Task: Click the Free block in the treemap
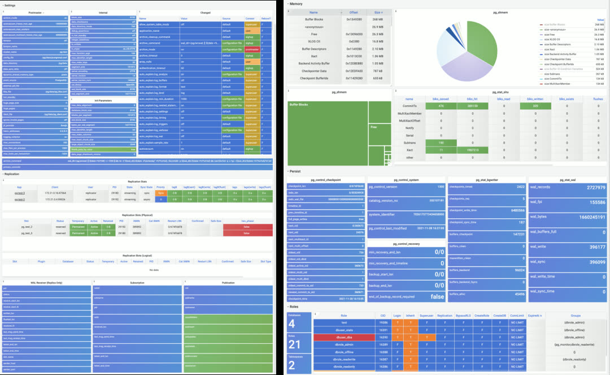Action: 380,127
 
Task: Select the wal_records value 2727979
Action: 588,187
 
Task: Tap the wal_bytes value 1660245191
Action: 581,217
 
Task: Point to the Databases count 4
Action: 291,324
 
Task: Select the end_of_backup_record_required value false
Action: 437,296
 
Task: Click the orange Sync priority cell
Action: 161,193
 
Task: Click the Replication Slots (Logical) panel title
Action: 138,255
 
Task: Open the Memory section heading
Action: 297,3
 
